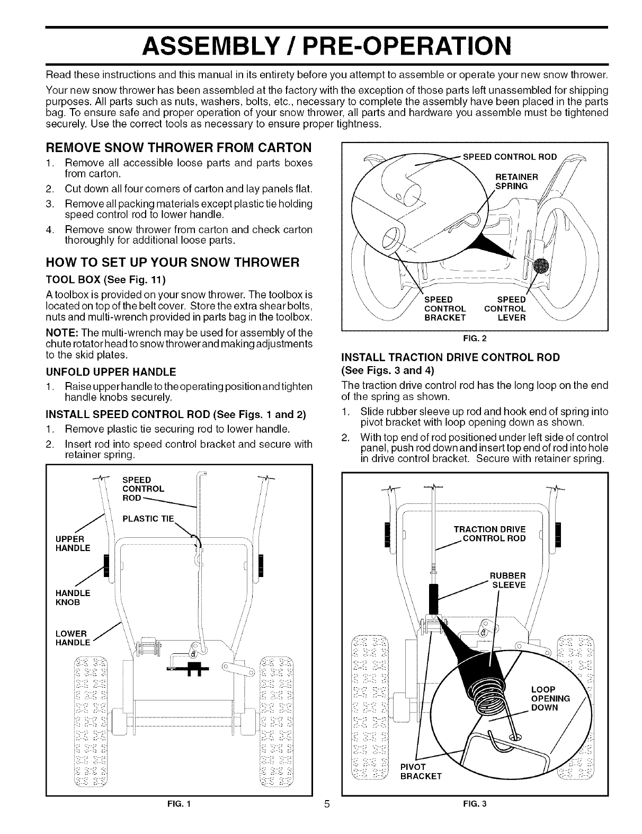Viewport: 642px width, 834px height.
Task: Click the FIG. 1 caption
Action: pyautogui.click(x=178, y=819)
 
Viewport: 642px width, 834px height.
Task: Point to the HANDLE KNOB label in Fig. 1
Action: pyautogui.click(x=73, y=597)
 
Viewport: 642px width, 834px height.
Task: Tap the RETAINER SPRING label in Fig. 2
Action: pyautogui.click(x=516, y=181)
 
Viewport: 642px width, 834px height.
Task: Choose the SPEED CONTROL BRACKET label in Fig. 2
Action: pyautogui.click(x=445, y=309)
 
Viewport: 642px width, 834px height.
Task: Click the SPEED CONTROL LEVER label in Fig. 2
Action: pyautogui.click(x=505, y=309)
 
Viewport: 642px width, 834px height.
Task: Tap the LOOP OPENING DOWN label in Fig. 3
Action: pyautogui.click(x=550, y=698)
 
